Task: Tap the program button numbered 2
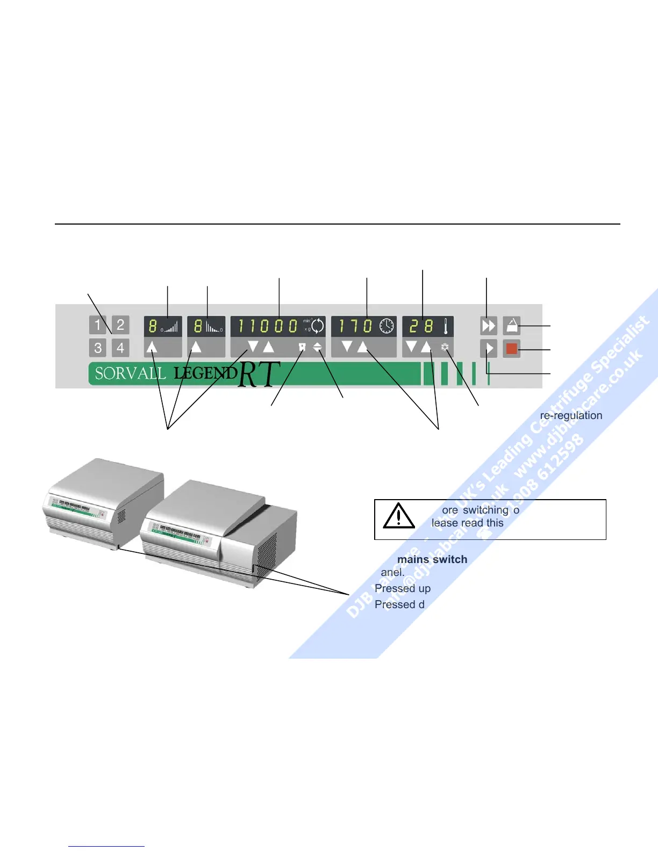(120, 324)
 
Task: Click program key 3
(98, 348)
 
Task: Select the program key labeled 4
(120, 348)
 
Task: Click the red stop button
(511, 349)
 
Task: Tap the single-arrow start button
(488, 349)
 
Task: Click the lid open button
(512, 325)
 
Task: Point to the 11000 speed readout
(268, 326)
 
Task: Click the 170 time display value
(355, 326)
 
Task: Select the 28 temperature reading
(421, 326)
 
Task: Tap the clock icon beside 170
(387, 326)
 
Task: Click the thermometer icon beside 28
(446, 326)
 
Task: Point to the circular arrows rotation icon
(318, 326)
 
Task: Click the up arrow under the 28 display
(426, 347)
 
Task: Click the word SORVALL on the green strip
(130, 373)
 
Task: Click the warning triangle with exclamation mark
(398, 516)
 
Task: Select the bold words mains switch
(432, 559)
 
